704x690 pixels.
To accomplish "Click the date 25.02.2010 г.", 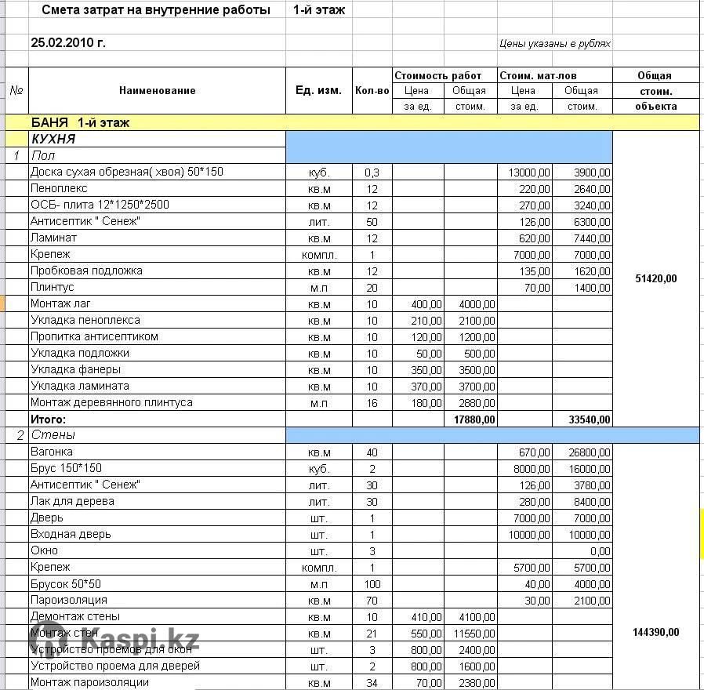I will [x=68, y=43].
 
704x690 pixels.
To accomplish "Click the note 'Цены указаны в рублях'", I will [x=554, y=44].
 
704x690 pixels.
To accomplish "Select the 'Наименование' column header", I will [x=157, y=90].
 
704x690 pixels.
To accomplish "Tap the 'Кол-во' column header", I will [x=372, y=90].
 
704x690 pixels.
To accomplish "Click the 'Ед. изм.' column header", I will [x=318, y=90].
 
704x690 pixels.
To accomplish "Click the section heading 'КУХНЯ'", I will [x=53, y=139].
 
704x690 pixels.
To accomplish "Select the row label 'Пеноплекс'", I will [x=59, y=188].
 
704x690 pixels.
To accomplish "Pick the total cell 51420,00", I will [x=655, y=278].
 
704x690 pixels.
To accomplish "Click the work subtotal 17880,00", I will [x=474, y=419].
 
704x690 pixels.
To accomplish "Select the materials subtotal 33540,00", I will [x=590, y=419].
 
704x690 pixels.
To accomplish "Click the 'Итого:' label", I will [x=48, y=419].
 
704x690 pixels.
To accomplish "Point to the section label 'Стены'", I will [x=53, y=435].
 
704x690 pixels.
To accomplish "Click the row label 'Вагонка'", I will [x=52, y=452].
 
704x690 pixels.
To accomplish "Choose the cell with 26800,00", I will [x=590, y=452].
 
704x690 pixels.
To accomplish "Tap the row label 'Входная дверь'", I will [x=71, y=534].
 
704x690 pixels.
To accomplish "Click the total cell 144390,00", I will [x=655, y=632].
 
